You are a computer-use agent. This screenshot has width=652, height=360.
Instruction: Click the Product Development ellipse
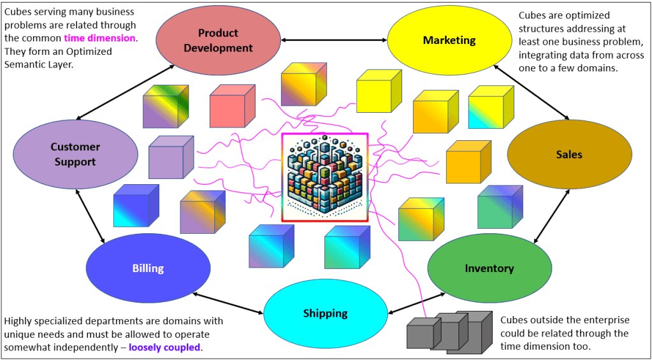217,40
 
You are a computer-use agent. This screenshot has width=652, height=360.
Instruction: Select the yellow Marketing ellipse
449,40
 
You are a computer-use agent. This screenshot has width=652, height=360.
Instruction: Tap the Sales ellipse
569,154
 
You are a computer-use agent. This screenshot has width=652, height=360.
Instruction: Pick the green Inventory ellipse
489,268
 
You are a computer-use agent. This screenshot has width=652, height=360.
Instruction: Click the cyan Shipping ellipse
325,313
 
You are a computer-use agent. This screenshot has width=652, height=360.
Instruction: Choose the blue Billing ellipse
148,268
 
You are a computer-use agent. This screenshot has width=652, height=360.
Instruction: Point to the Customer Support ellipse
75,154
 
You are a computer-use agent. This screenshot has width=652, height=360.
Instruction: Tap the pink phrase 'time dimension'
100,38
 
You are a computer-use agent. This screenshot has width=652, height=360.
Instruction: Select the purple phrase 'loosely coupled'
164,347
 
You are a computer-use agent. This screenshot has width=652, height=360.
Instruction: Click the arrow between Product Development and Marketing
333,40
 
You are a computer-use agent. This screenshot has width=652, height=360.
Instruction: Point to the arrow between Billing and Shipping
228,303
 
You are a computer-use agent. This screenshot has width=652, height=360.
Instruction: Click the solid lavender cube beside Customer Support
170,157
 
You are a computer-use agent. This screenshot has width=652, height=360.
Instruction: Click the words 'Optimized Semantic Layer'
57,58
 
